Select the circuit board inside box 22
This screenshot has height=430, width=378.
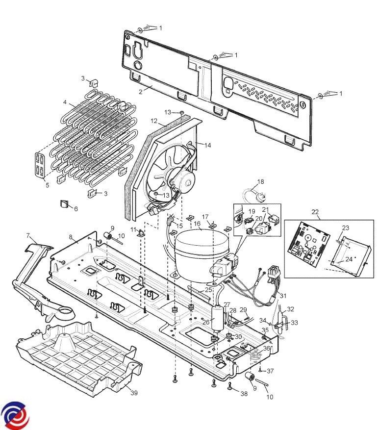[308, 244]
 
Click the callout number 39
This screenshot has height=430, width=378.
[134, 393]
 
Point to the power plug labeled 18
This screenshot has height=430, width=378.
[252, 195]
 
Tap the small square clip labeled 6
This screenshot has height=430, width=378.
[64, 204]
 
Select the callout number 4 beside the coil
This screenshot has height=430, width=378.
[65, 102]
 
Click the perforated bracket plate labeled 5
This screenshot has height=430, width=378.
[40, 164]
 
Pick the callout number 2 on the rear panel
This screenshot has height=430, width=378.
[141, 92]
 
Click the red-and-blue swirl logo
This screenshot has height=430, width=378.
[14, 416]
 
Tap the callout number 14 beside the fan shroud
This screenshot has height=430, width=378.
[208, 145]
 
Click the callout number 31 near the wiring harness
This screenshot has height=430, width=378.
[283, 296]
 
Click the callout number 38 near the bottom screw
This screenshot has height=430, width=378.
[244, 394]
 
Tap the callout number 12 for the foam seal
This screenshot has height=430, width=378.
[154, 121]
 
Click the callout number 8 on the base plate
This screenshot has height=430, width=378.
[71, 237]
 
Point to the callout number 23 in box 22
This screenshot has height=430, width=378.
[346, 228]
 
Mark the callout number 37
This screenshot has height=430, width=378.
[270, 371]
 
